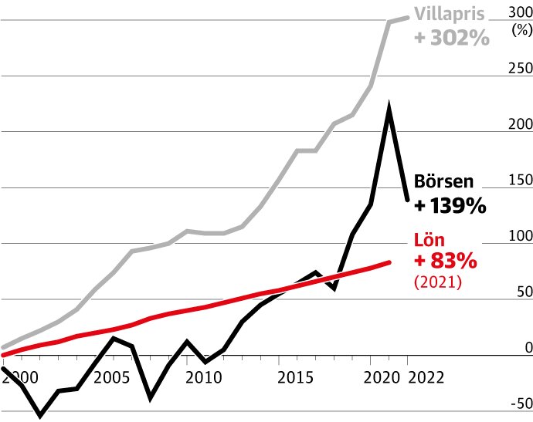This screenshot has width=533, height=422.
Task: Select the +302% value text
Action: (452, 37)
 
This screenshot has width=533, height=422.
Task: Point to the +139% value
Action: (450, 206)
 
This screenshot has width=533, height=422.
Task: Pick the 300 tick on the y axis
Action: (518, 12)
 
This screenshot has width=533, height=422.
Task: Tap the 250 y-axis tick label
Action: (519, 69)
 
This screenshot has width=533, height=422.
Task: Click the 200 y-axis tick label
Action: (519, 124)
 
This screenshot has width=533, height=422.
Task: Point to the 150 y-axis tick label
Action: (519, 181)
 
